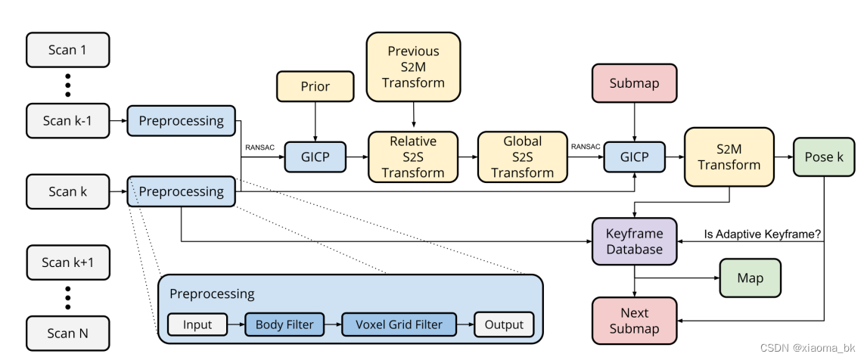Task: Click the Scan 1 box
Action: tap(67, 50)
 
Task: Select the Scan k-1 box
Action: tap(67, 121)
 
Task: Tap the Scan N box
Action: tap(67, 333)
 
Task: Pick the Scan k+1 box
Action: tap(67, 262)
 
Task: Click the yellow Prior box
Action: tap(315, 86)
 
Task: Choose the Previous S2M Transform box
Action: tap(413, 67)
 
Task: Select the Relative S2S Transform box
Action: tap(413, 157)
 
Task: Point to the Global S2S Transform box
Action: tap(523, 157)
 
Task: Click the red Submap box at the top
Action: tap(634, 83)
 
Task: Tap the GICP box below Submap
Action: tap(634, 157)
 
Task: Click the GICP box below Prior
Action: tap(315, 157)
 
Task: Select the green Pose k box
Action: tap(822, 157)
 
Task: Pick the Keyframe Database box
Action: tap(634, 241)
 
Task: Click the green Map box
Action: tap(750, 278)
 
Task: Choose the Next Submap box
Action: tap(634, 321)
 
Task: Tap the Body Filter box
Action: tap(284, 324)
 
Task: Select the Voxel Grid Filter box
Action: tap(399, 324)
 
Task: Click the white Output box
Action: tap(504, 324)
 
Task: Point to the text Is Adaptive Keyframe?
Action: tap(763, 234)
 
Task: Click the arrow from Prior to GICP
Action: tap(315, 121)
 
